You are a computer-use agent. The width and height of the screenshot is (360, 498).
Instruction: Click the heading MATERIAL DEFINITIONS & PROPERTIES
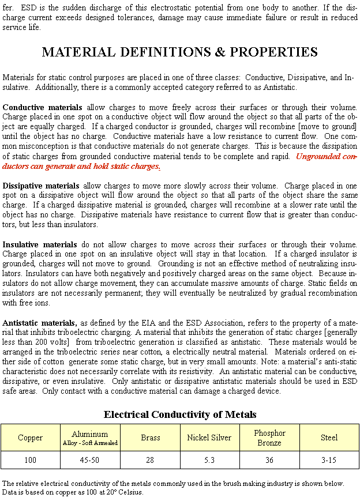coord(179,52)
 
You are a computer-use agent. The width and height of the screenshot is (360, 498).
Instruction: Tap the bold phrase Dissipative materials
coord(41,186)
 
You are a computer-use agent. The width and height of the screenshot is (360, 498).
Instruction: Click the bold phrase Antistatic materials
coord(39,322)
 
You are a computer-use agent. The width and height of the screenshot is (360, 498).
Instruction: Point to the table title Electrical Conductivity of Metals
coord(179,414)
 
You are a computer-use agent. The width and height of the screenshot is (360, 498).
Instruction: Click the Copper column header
coord(30,438)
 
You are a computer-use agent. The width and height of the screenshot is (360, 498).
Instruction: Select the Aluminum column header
coord(90,437)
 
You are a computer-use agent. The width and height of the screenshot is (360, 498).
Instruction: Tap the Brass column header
coord(150,438)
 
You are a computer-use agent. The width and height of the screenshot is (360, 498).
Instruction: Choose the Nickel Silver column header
coord(209,438)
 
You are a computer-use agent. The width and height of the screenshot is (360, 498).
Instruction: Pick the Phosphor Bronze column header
coord(269,438)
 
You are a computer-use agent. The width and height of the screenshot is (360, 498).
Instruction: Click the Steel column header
coord(329,438)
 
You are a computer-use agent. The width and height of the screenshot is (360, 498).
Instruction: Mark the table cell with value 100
coord(30,461)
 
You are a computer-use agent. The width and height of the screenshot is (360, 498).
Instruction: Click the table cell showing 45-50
coord(90,461)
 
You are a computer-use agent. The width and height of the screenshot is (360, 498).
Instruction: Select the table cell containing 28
coord(150,461)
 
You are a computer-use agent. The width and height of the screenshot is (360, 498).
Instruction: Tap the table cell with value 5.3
coord(209,461)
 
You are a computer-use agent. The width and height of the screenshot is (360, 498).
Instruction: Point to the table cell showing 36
coord(269,461)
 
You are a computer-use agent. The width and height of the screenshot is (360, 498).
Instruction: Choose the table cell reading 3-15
coord(329,461)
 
